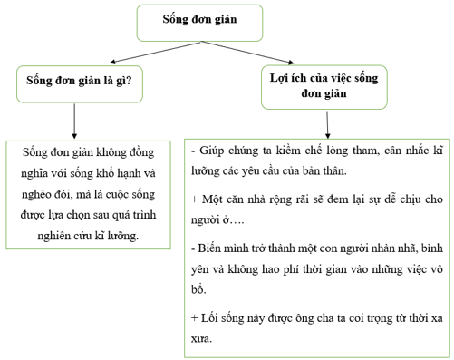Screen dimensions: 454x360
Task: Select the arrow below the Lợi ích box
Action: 329,122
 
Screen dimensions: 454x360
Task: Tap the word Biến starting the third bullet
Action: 213,247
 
